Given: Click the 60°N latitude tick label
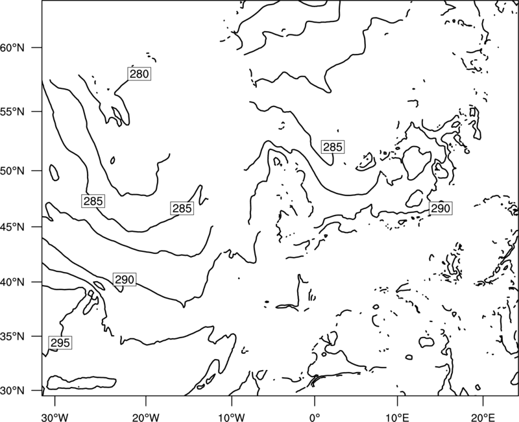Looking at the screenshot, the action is click(x=12, y=48).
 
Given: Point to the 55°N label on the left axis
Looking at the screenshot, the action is click(x=12, y=112).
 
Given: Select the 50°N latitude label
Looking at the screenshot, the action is click(x=12, y=171).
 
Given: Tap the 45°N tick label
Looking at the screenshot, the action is click(x=12, y=227).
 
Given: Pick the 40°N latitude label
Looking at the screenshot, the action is click(x=12, y=282).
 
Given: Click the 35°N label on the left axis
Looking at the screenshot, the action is click(x=12, y=336).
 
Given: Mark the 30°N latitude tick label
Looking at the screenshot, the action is click(x=12, y=391).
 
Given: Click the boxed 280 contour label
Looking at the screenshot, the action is click(x=139, y=74).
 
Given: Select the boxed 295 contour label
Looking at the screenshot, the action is click(x=60, y=343).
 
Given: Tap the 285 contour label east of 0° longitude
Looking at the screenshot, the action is click(x=333, y=147).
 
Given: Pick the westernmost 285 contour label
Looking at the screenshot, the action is click(x=93, y=201).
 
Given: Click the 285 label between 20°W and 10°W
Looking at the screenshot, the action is click(x=182, y=208).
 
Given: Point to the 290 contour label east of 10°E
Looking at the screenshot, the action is click(x=441, y=208).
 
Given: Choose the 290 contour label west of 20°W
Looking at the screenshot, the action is click(x=125, y=280).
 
